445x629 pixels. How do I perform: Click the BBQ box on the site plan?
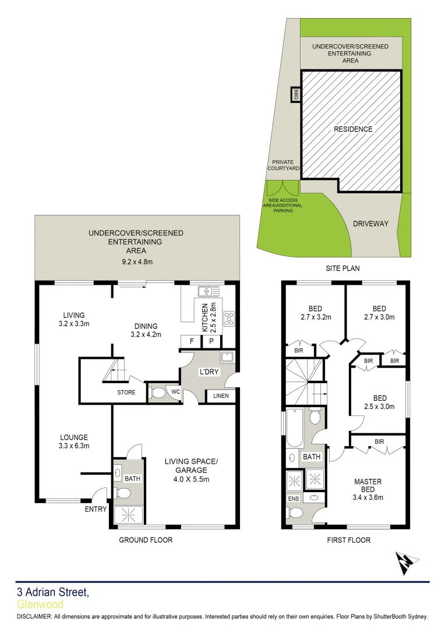coord(296,94)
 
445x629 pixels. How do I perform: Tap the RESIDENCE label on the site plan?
coord(353,129)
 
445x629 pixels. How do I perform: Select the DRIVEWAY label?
coord(370,224)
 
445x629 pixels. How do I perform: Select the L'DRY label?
coord(209,371)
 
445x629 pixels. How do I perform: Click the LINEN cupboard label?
coord(221,397)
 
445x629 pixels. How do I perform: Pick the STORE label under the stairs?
coord(126,393)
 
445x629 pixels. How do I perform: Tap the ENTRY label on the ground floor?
coord(96,510)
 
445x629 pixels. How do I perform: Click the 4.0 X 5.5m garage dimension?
coord(190,479)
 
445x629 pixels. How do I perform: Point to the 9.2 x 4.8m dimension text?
coord(136,262)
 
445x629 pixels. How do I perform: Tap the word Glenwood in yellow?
coord(40,605)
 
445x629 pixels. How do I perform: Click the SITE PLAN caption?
coord(342,268)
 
